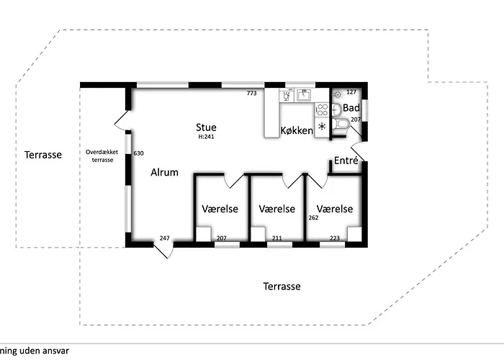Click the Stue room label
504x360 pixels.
click(x=206, y=127)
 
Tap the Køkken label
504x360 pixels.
click(x=297, y=130)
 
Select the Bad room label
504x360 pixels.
click(x=351, y=108)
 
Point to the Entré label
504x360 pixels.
click(x=346, y=161)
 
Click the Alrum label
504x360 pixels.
click(x=164, y=172)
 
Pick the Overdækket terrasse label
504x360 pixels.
click(x=102, y=156)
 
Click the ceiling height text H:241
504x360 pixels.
click(x=206, y=137)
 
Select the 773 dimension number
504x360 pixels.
click(x=252, y=93)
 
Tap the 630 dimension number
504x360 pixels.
click(x=138, y=153)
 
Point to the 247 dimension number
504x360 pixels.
click(x=165, y=238)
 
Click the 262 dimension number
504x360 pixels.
click(x=313, y=217)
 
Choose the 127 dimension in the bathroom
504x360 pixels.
click(x=351, y=92)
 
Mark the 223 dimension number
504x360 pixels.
click(x=335, y=238)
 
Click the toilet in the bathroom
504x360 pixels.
click(x=340, y=124)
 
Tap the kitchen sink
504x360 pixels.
click(x=304, y=95)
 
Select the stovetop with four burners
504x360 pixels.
click(x=322, y=109)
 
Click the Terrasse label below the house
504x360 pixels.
click(x=282, y=287)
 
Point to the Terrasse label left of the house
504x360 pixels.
click(x=43, y=155)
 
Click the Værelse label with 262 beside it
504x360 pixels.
click(x=335, y=209)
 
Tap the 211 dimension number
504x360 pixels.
click(x=276, y=238)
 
